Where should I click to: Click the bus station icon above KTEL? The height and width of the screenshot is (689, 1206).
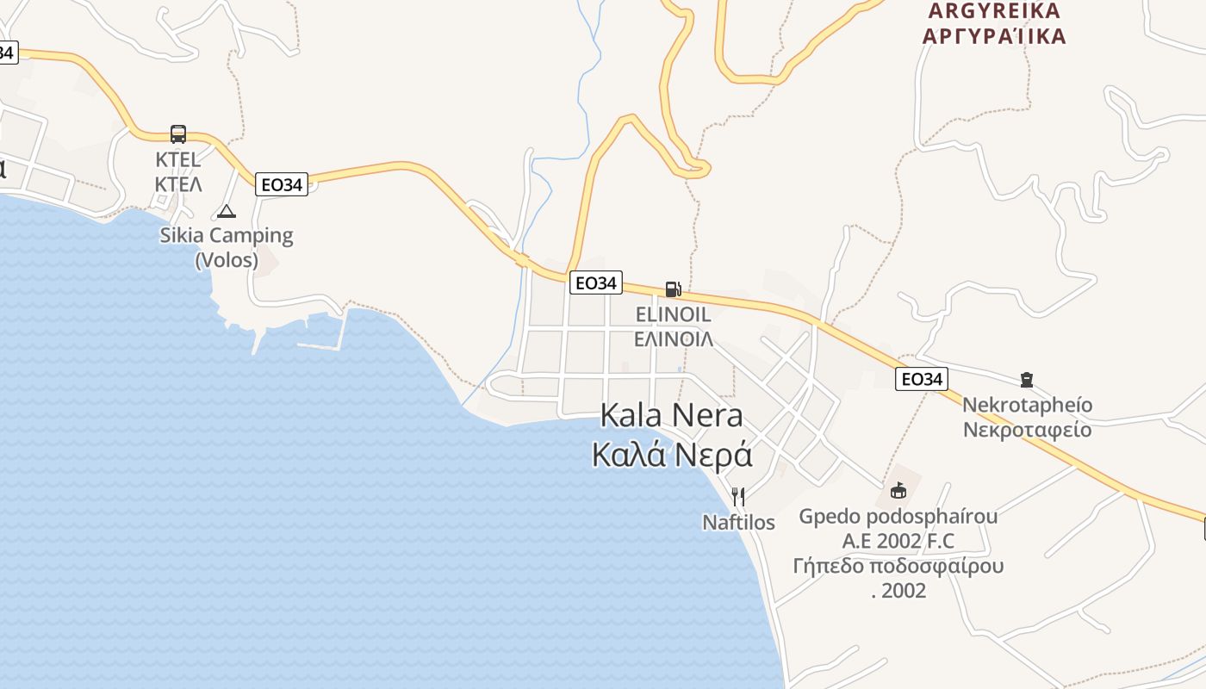(178, 133)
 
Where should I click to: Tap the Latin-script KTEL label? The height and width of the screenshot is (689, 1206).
(178, 159)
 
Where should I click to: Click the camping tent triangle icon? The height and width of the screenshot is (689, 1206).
(226, 211)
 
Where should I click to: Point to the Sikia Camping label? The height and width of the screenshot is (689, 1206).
(227, 235)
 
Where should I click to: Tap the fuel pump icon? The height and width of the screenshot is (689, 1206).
(673, 289)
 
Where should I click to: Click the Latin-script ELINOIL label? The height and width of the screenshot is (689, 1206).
(673, 314)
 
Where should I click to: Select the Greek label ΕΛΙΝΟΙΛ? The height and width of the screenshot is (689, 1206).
(673, 339)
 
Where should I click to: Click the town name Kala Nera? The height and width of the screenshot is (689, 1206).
(671, 416)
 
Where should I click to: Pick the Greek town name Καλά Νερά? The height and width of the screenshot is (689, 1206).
(672, 455)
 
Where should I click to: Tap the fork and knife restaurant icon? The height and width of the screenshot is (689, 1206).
(738, 496)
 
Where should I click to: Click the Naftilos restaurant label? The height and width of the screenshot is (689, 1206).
(738, 523)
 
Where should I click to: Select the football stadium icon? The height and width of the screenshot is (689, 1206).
(898, 491)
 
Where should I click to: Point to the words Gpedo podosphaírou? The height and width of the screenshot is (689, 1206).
(898, 517)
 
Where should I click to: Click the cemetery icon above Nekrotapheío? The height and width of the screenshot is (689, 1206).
(1026, 379)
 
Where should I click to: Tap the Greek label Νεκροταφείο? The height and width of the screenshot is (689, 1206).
(1027, 430)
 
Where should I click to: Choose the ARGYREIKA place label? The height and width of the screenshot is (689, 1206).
(994, 11)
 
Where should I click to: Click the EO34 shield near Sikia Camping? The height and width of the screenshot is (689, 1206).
(282, 184)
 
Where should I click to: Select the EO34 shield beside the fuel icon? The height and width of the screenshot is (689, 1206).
(595, 282)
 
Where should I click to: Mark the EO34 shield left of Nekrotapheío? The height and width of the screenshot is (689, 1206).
(921, 379)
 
